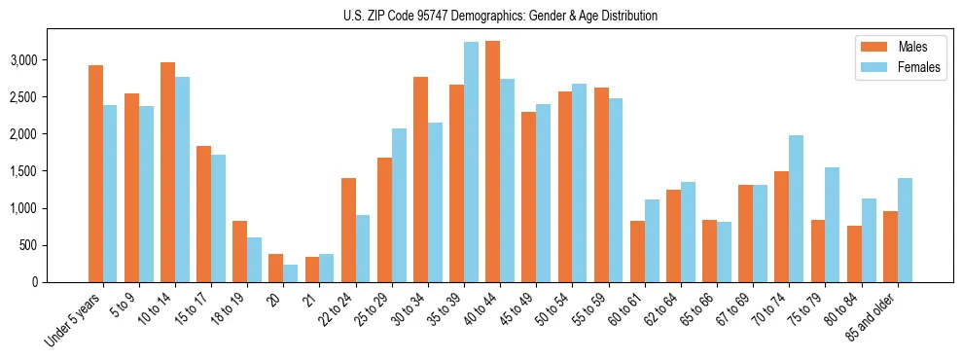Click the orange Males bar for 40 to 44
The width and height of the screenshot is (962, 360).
[x=493, y=162]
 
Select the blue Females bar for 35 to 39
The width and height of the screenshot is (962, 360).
[x=472, y=162]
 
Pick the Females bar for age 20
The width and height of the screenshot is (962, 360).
[x=291, y=273]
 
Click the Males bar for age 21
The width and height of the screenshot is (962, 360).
[x=312, y=270]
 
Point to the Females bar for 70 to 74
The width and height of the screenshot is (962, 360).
[x=797, y=208]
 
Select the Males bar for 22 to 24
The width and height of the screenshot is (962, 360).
[x=348, y=230]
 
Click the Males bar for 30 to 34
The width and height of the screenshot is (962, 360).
[x=421, y=179]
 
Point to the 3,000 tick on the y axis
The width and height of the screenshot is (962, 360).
[x=51, y=60]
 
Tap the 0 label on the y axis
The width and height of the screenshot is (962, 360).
[x=61, y=282]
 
